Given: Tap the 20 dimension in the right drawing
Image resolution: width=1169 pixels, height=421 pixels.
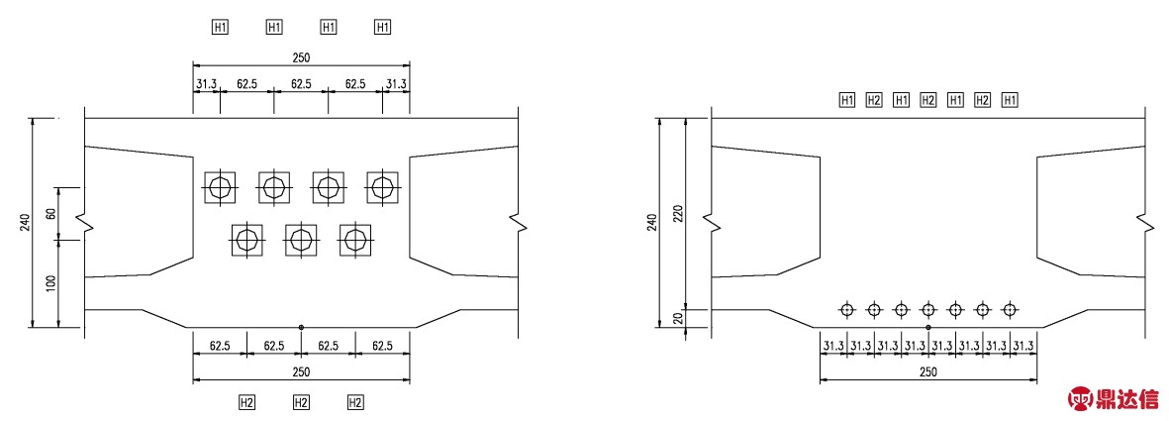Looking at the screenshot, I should pyautogui.click(x=677, y=318).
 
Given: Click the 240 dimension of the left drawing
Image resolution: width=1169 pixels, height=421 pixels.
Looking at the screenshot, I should pyautogui.click(x=25, y=223).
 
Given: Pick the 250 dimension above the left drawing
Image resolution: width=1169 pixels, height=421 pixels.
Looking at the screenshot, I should pyautogui.click(x=301, y=57).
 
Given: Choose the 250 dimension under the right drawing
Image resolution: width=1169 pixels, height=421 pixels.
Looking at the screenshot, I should pyautogui.click(x=927, y=371).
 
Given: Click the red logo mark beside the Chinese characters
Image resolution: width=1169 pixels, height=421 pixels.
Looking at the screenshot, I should pyautogui.click(x=1080, y=399).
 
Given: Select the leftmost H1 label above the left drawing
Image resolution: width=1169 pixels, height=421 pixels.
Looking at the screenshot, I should pyautogui.click(x=221, y=27).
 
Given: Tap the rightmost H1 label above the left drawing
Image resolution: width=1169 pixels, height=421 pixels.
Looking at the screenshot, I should pyautogui.click(x=383, y=27).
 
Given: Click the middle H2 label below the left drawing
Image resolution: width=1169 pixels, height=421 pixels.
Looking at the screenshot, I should pyautogui.click(x=302, y=402).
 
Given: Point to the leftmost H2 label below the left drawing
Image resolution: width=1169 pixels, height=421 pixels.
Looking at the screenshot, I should pyautogui.click(x=247, y=402).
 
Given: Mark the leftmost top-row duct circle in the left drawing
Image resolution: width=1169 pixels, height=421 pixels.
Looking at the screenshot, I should pyautogui.click(x=220, y=185).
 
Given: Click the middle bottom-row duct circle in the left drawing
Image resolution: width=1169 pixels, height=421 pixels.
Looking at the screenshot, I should pyautogui.click(x=301, y=239).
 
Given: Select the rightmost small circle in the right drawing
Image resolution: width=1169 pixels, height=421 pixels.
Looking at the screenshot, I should pyautogui.click(x=1009, y=310).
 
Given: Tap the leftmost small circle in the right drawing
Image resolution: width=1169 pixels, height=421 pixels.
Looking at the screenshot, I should pyautogui.click(x=846, y=310).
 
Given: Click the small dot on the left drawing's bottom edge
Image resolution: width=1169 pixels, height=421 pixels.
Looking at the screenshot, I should pyautogui.click(x=301, y=327).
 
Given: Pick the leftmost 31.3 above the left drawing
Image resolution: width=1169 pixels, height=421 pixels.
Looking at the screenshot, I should pyautogui.click(x=206, y=84).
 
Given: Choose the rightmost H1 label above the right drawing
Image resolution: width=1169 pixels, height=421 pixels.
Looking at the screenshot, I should pyautogui.click(x=1010, y=100).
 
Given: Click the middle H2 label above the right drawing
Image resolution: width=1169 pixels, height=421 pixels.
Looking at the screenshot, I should pyautogui.click(x=927, y=100).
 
